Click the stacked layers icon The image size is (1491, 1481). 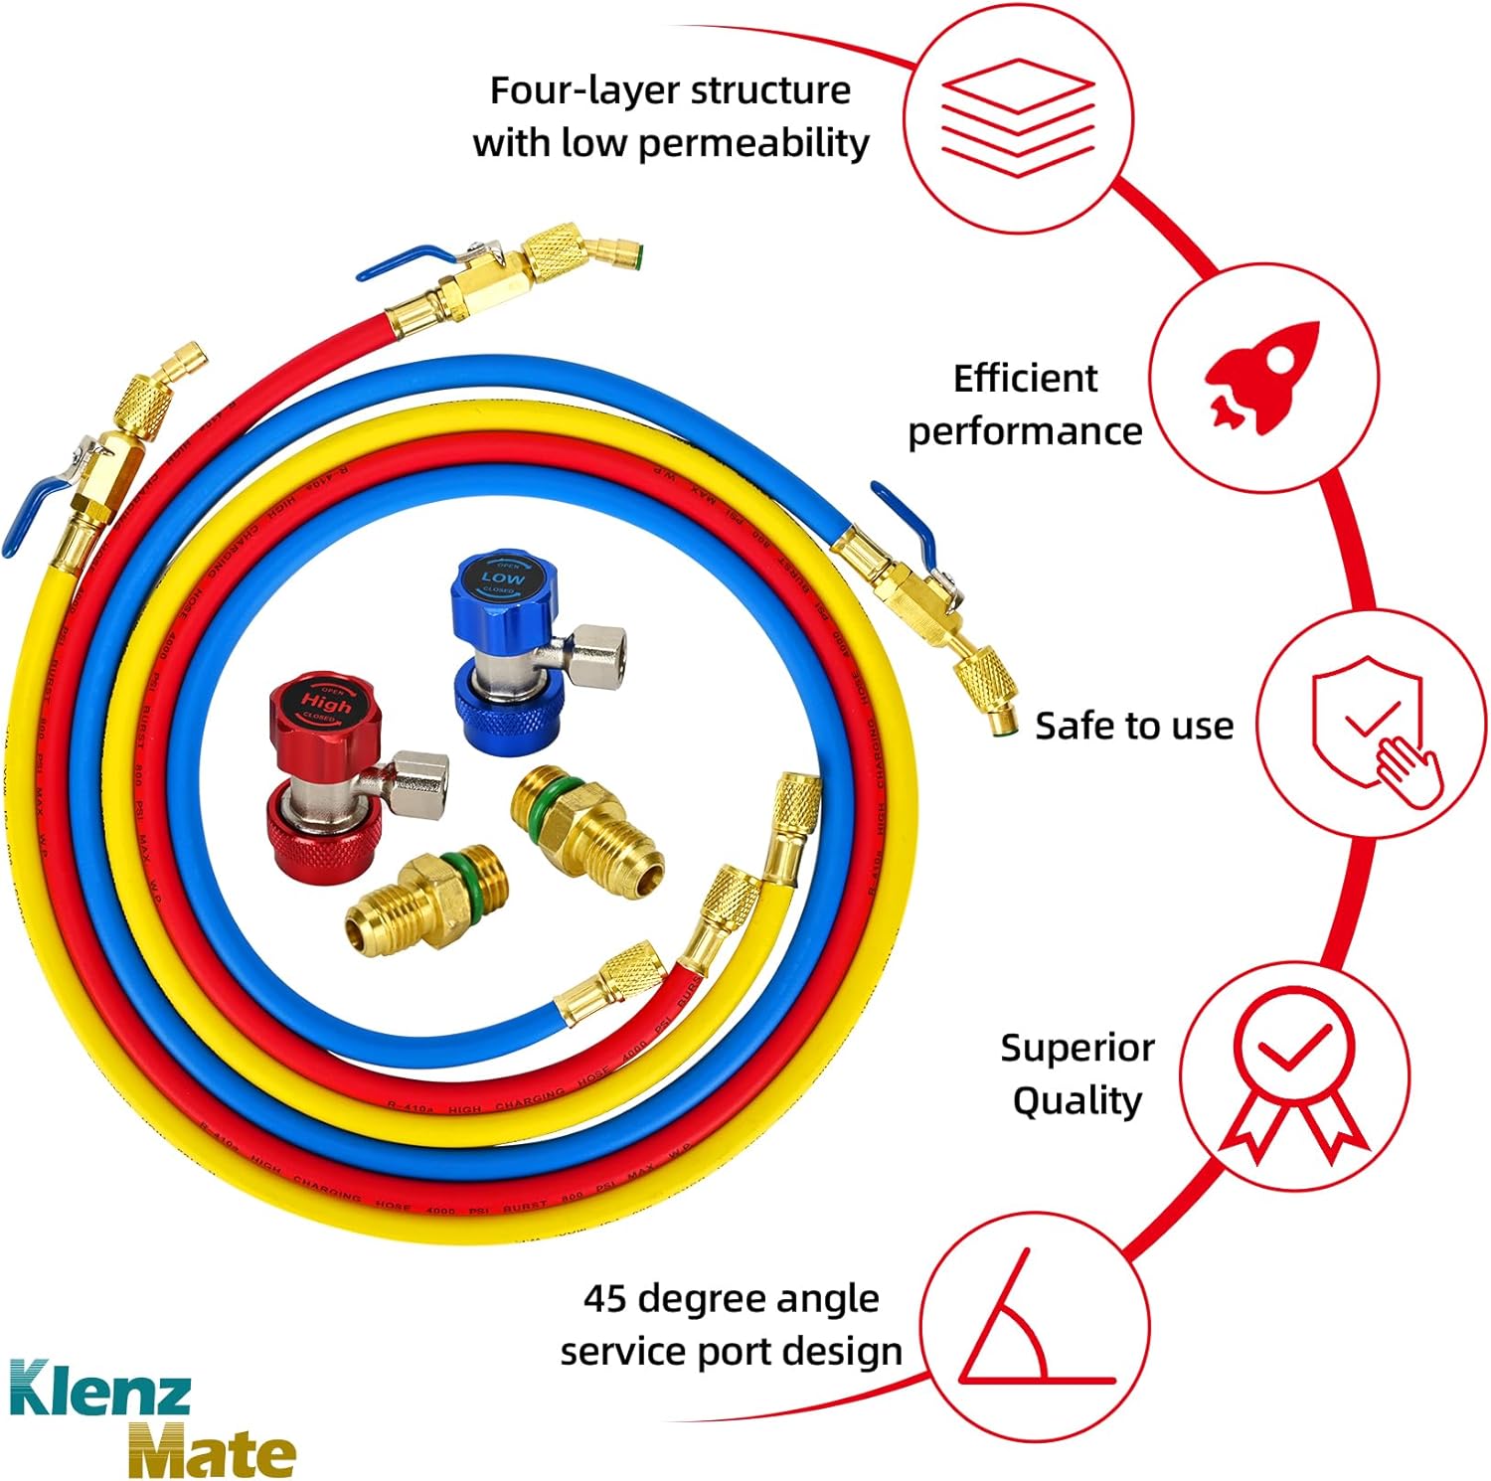(x=1017, y=117)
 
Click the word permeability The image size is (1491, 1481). (x=753, y=143)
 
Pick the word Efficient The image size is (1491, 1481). (x=1025, y=379)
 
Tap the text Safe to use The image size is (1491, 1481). (x=1133, y=726)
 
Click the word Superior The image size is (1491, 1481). (x=1077, y=1048)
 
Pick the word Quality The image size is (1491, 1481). (x=1077, y=1101)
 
